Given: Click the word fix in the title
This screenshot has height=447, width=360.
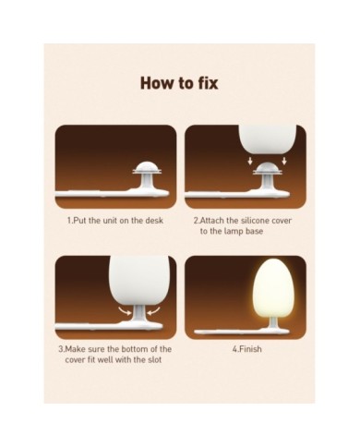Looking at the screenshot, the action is pos(206,83).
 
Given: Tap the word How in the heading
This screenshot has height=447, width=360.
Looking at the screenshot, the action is pos(157,83).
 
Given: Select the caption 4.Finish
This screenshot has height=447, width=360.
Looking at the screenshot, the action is pos(246,349).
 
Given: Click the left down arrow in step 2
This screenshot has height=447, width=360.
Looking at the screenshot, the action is pos(250,161).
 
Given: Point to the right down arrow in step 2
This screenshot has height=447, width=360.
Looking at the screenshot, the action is pos(284,161).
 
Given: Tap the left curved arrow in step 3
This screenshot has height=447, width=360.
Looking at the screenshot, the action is pos(126,311).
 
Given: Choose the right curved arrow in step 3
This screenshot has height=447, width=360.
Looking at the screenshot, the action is pos(153,311).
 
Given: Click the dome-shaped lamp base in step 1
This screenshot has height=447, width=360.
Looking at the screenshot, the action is pos(146,168).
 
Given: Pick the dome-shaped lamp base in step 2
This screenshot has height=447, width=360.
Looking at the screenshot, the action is pos(267,168).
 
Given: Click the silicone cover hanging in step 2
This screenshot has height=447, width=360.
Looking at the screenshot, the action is pos(268,139).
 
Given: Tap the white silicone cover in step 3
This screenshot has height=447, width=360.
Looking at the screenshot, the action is pos(139,282).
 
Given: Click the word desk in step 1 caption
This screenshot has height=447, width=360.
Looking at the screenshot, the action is pos(155,221).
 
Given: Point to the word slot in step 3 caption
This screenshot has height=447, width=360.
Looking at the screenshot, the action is pos(154,359).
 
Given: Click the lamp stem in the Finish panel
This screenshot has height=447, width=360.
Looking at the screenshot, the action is pos(271,320).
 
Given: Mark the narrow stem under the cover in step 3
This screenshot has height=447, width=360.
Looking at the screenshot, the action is pos(139,317).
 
